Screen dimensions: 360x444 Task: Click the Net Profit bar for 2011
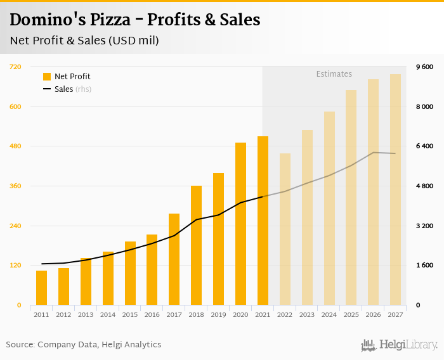click(41, 288)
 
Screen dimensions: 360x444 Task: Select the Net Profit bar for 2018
click(196, 245)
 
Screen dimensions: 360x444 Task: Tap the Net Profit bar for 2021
click(263, 221)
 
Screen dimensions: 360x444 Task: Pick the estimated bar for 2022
click(285, 229)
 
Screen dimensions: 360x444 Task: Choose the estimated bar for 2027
click(395, 190)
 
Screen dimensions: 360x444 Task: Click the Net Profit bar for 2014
click(108, 278)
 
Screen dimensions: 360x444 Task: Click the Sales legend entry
click(63, 89)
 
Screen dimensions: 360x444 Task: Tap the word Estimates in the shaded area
click(334, 74)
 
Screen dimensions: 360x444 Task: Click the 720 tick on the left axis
click(15, 67)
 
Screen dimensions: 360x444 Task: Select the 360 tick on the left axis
click(15, 186)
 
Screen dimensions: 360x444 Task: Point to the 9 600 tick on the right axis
click(424, 67)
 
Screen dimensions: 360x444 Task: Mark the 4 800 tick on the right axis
click(424, 186)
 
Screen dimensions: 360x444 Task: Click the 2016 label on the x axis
click(152, 314)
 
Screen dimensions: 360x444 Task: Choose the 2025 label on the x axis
click(351, 314)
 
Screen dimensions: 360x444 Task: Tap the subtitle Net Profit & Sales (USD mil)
click(84, 41)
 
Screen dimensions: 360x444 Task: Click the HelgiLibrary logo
click(399, 345)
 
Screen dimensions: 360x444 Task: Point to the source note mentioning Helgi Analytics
click(84, 345)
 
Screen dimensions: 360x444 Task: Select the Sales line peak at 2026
click(373, 153)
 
